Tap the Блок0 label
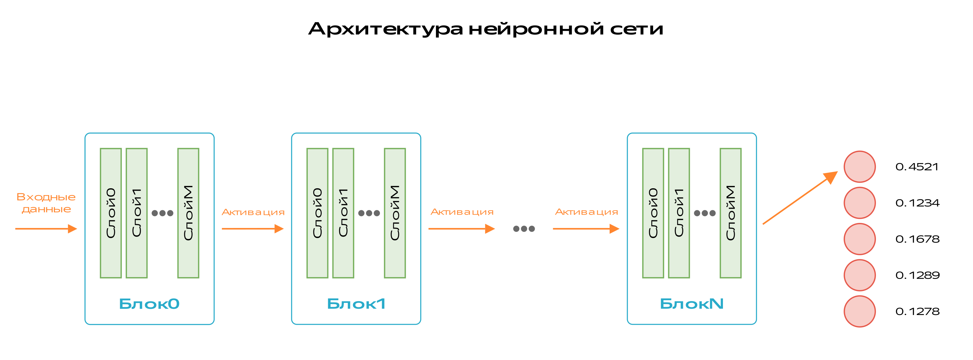(x=149, y=304)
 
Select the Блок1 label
(x=356, y=304)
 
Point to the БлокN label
(x=692, y=304)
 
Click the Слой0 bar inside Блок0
(x=111, y=213)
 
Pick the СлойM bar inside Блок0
(x=188, y=213)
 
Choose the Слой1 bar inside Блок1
(x=343, y=213)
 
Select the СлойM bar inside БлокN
(x=731, y=213)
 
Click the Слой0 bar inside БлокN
(x=653, y=213)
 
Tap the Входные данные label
(x=46, y=203)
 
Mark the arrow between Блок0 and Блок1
(x=252, y=229)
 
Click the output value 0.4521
(x=917, y=167)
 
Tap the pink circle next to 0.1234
(x=860, y=203)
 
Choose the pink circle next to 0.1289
(x=860, y=275)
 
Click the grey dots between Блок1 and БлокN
(x=524, y=229)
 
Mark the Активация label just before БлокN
(x=586, y=212)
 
